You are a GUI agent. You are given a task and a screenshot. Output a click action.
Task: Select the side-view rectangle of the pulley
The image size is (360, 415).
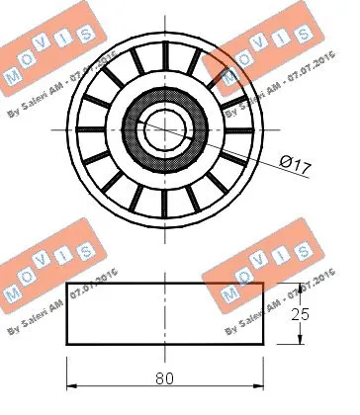tap(164, 314)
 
